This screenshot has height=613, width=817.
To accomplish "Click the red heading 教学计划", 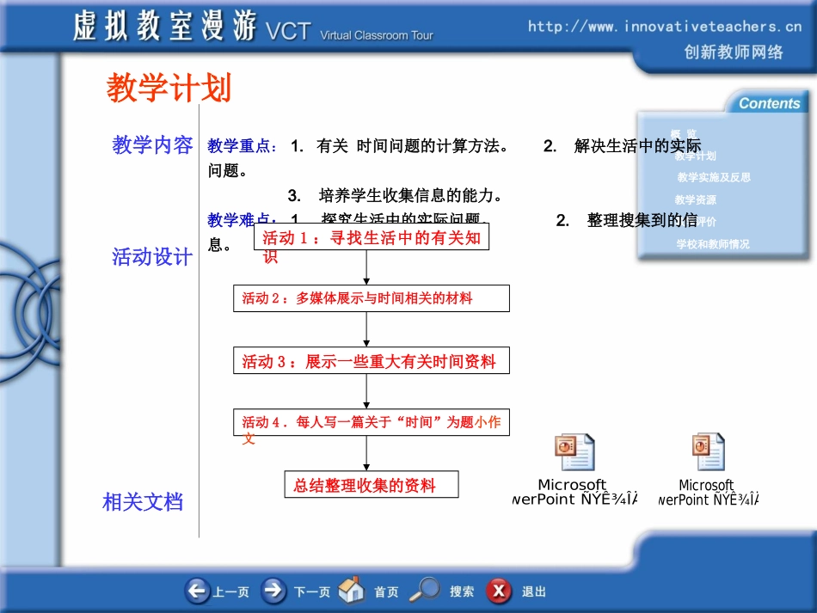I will coord(169,89).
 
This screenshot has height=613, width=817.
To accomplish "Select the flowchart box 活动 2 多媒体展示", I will coord(372,298).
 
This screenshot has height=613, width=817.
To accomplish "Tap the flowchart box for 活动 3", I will coord(372,361).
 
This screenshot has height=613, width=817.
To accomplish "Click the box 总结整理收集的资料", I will coord(372,485).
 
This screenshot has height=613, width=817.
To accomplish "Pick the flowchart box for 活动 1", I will coord(372,238).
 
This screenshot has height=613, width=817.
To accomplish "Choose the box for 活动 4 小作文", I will coord(372,423).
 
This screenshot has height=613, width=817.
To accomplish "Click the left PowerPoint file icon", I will coord(574,453).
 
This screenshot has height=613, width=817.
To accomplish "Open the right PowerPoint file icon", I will coord(708,453).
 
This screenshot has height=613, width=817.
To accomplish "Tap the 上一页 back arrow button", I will coord(198,592).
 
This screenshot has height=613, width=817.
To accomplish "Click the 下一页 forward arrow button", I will coord(274,592).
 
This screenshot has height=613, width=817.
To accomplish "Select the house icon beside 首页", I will coord(352,591).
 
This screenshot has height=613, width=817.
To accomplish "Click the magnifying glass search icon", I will coord(424,591).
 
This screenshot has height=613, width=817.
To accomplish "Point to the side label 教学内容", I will coord(153,145).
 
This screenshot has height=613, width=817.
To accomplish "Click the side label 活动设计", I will coord(153,257).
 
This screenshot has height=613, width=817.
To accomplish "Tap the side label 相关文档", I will coord(143,502).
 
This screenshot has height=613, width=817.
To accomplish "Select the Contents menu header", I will coord(768,103).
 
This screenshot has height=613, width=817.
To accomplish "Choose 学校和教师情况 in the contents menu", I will coord(713,244).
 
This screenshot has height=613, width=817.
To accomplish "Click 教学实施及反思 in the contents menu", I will coord(714,177).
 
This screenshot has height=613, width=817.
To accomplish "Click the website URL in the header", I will coord(665,27).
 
